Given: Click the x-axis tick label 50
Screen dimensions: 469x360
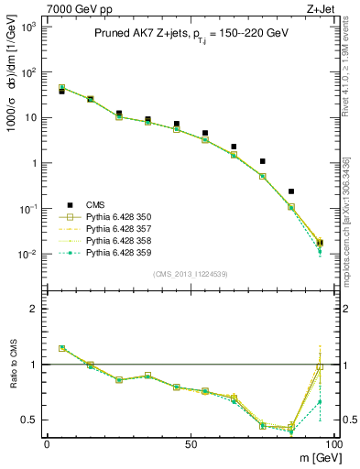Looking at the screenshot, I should click(190, 443).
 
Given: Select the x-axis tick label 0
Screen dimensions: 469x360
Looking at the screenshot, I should click(47, 443).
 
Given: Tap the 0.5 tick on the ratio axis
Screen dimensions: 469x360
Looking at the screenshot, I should click(27, 420).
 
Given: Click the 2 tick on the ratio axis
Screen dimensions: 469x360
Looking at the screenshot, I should click(31, 309).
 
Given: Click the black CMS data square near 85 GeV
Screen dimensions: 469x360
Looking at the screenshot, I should click(291, 191).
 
